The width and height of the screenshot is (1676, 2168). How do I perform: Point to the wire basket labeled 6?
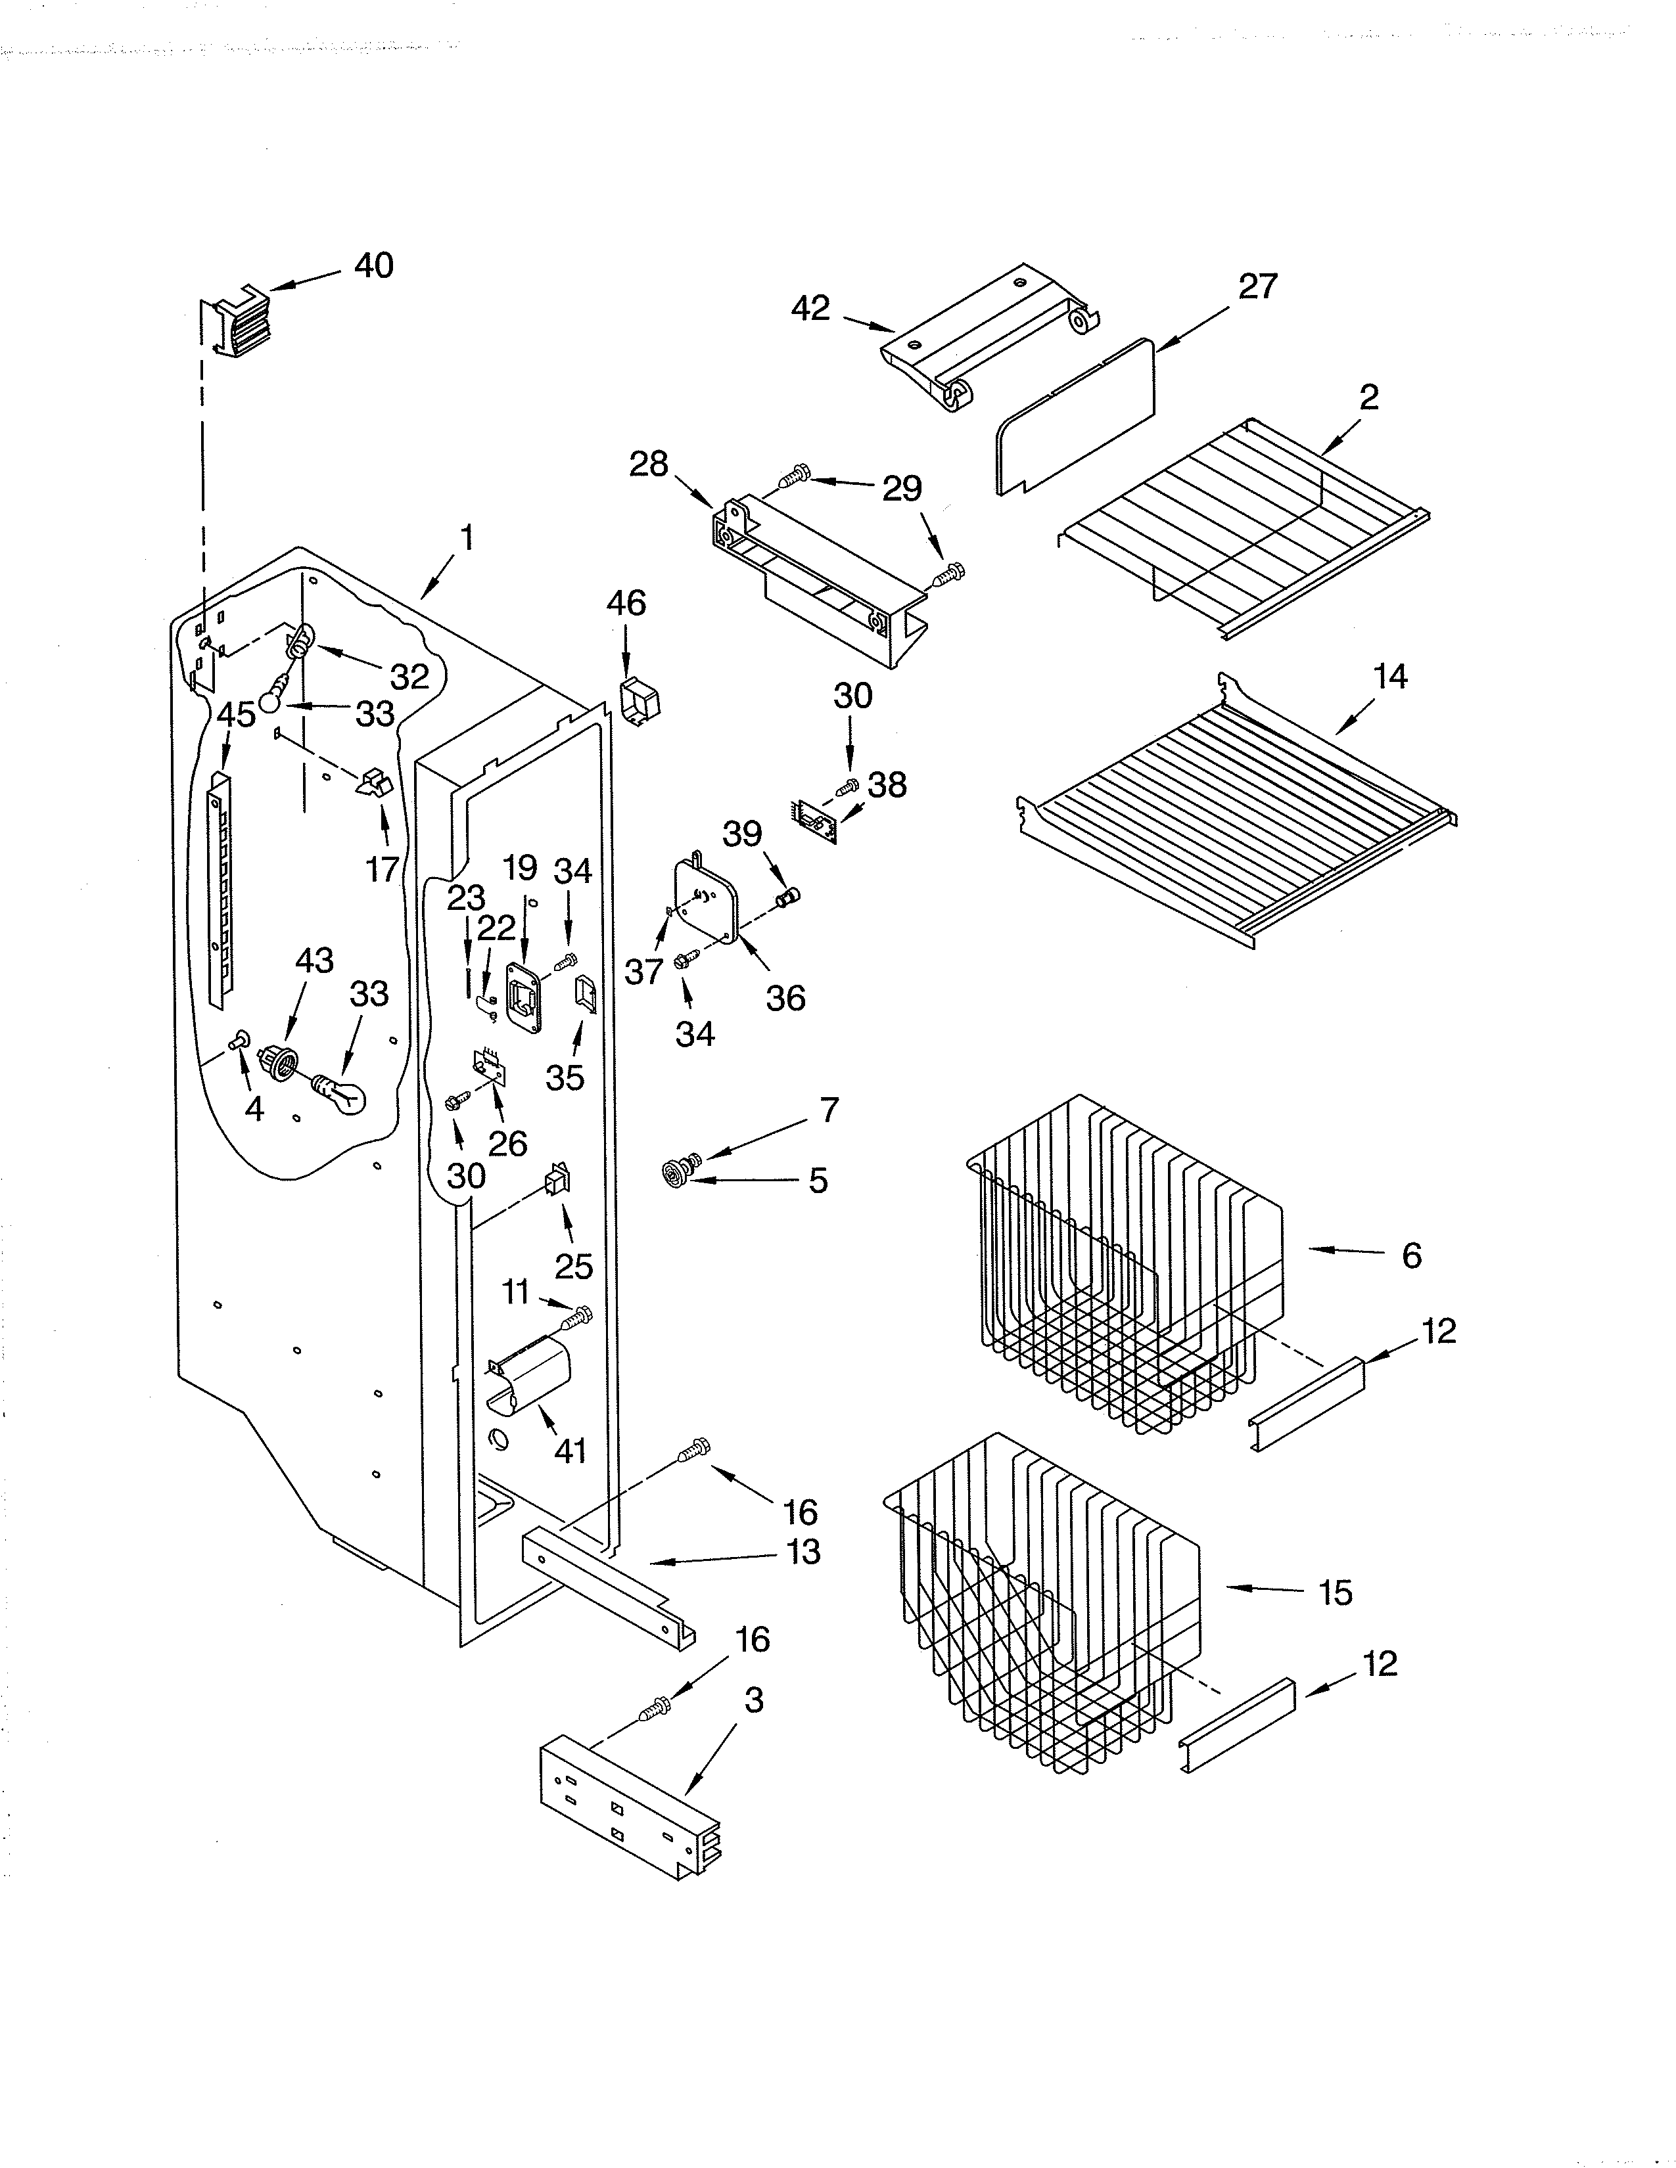pos(1122,1261)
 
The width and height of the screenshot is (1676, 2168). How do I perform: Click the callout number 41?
pos(570,1451)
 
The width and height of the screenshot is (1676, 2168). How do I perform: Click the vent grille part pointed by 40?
pos(237,320)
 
